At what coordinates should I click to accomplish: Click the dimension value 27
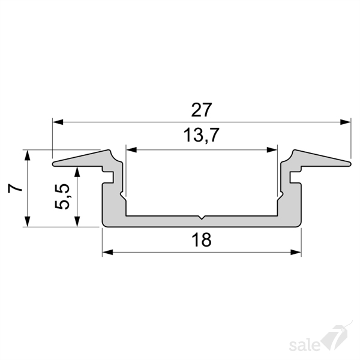pos(202,110)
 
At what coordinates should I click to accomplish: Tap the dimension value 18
pos(202,239)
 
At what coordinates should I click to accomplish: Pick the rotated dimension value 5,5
pos(62,196)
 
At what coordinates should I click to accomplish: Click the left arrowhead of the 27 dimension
pos(58,122)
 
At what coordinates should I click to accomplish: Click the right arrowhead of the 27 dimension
pos(346,122)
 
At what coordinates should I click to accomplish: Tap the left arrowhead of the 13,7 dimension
pos(131,150)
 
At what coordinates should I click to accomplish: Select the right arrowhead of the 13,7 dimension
pos(272,150)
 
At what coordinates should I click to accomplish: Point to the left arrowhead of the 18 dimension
pos(107,252)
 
